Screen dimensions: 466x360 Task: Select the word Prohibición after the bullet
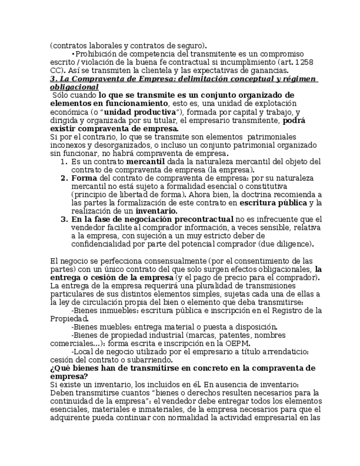point(95,54)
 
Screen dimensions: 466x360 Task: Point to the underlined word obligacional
point(74,87)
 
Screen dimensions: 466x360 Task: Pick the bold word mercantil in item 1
point(145,162)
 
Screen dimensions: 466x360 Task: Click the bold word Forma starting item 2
point(84,178)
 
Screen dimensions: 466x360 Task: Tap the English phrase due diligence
point(290,244)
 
